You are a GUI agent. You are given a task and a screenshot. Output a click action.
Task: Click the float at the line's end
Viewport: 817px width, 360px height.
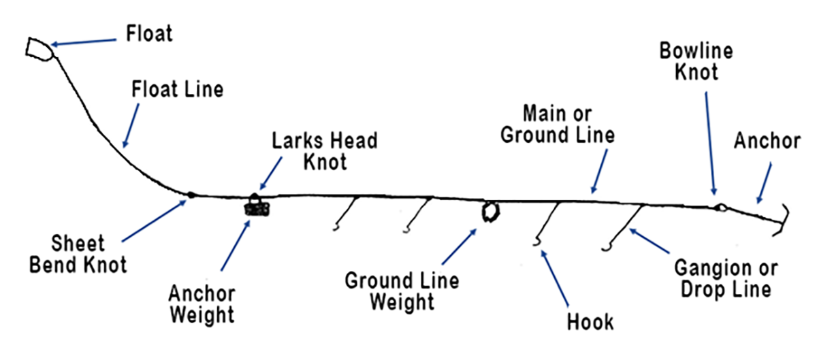point(38,49)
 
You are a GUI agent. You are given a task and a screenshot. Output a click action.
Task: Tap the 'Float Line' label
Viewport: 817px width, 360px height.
point(177,89)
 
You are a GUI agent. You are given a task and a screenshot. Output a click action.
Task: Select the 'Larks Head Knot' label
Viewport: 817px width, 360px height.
point(324,151)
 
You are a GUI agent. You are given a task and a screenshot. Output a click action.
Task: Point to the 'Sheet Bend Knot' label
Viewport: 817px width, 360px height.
point(78,253)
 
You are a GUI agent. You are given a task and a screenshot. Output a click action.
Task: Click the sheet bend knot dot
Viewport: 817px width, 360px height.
point(191,195)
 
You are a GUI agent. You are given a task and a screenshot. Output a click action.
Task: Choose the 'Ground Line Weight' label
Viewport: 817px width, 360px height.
point(402,291)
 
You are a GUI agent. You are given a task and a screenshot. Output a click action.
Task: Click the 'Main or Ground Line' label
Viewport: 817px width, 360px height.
point(558,123)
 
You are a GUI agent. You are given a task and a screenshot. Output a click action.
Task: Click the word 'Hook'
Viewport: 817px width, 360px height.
point(590,321)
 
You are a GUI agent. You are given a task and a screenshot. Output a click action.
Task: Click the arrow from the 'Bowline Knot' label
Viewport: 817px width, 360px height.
point(710,143)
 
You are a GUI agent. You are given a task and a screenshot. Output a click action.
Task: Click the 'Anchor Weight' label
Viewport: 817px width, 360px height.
point(202,304)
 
